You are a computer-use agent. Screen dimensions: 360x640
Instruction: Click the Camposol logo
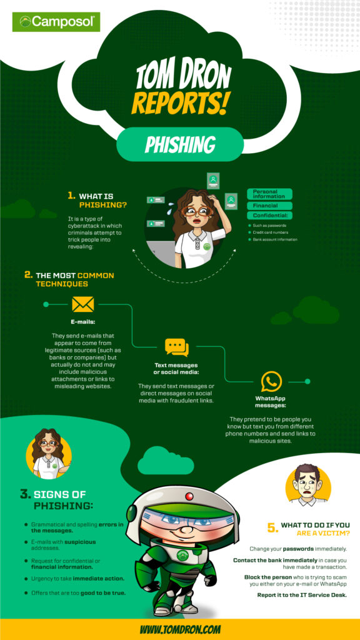(56, 22)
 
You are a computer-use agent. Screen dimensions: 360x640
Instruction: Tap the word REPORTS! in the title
(179, 104)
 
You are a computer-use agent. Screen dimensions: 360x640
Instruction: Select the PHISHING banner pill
(179, 144)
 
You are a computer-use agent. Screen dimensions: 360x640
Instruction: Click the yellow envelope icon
(83, 304)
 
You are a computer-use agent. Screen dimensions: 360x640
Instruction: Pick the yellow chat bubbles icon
(177, 347)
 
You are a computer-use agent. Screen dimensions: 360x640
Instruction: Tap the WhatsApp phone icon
(271, 382)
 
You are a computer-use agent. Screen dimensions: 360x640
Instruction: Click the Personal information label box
(269, 194)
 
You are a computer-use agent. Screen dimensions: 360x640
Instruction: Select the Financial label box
(269, 206)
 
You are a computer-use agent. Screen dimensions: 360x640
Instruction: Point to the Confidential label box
(269, 216)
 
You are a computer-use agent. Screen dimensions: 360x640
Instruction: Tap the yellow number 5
(272, 527)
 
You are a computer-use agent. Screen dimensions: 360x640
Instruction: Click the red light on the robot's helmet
(189, 496)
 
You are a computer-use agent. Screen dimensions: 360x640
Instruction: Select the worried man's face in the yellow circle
(307, 484)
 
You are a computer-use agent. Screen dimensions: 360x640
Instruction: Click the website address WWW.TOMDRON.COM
(181, 629)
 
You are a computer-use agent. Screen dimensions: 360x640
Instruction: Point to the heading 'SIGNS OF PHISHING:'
(57, 500)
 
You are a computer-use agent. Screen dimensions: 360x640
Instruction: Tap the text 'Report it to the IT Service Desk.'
(302, 595)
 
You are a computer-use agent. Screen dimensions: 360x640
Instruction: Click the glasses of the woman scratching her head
(197, 211)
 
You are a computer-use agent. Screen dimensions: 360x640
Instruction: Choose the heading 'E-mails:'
(83, 322)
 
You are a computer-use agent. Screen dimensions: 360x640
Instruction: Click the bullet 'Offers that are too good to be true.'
(77, 592)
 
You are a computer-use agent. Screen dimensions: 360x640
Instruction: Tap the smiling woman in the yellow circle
(49, 454)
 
